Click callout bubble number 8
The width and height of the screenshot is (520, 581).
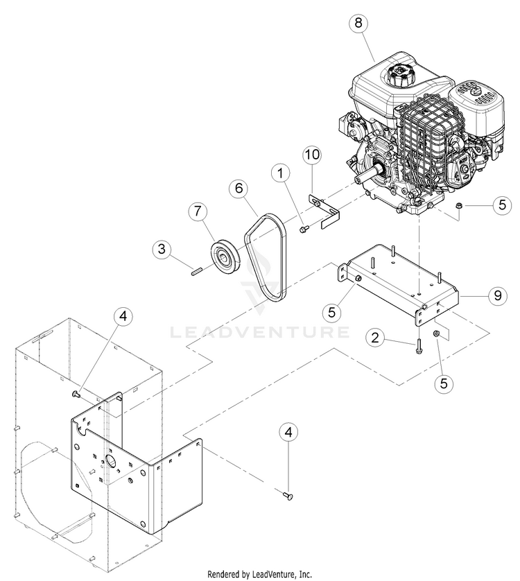click(358, 22)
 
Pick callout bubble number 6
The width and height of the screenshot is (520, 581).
click(237, 188)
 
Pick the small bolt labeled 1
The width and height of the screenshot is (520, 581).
click(304, 229)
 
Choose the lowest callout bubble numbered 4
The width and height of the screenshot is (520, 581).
click(289, 433)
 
